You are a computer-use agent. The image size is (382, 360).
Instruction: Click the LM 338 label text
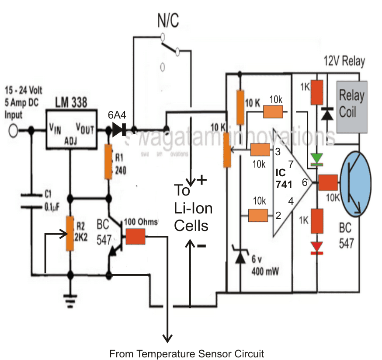pos(71,103)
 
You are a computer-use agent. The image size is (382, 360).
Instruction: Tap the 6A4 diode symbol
pos(118,129)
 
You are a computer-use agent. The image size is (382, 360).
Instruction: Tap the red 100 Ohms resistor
pos(136,237)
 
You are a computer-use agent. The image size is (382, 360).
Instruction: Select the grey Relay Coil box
pos(352,106)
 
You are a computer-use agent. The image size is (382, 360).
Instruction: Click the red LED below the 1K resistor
pos(316,246)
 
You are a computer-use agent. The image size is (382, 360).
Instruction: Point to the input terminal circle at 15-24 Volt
pos(13,130)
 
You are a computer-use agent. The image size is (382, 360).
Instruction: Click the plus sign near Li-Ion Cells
pos(202,179)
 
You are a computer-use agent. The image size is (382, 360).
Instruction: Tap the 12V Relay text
pos(344,61)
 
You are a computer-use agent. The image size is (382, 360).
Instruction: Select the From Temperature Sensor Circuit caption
pos(187,353)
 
